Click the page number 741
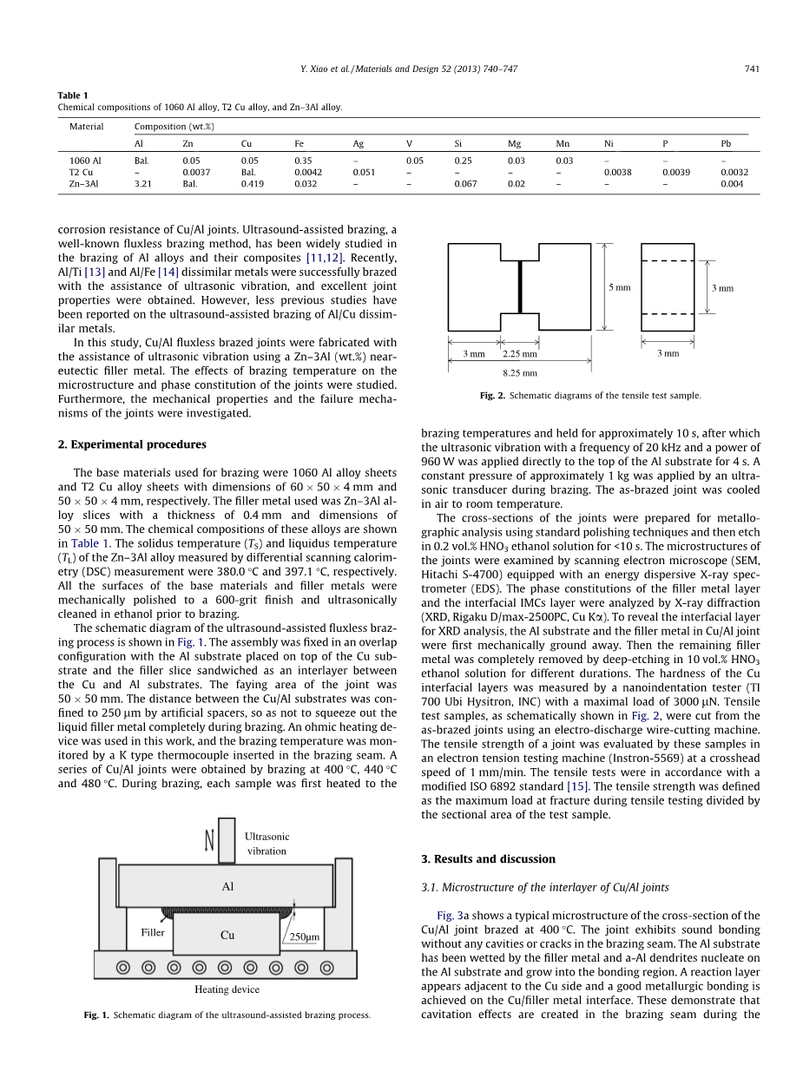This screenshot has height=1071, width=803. (x=752, y=69)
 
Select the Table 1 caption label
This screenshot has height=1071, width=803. (x=73, y=95)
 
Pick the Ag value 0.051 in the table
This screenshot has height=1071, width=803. (x=364, y=172)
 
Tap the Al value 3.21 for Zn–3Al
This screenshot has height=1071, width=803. (x=142, y=184)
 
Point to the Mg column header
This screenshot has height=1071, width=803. (x=515, y=143)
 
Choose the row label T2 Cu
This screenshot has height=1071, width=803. (x=81, y=172)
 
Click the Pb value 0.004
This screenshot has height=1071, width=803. (x=732, y=184)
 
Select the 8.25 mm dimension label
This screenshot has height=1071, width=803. (x=520, y=373)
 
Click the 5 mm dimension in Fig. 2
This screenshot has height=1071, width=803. (x=620, y=287)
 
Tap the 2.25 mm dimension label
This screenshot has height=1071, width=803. (x=520, y=354)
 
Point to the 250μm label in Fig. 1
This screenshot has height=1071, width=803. (x=305, y=937)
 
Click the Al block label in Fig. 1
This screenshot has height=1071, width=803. (x=227, y=887)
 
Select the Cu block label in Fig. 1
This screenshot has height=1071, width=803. (x=227, y=936)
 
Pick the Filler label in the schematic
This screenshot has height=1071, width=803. (x=153, y=932)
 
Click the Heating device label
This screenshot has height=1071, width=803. (x=227, y=989)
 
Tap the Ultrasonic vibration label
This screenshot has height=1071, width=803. (x=267, y=844)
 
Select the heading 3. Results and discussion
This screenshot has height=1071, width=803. (x=488, y=859)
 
